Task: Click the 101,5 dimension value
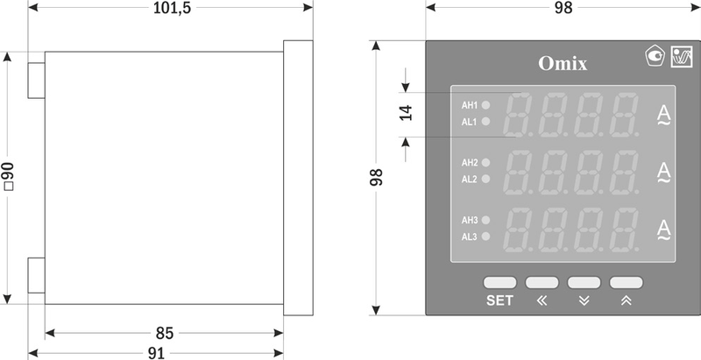pos(172,8)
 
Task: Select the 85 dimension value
pos(165,333)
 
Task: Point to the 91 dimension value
pos(156,353)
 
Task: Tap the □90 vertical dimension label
pos(8,176)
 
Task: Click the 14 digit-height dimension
pos(406,113)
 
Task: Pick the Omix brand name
pos(563,63)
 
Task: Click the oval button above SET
pos(499,282)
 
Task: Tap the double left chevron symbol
pos(542,301)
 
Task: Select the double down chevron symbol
pos(584,301)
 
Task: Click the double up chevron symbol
pos(627,301)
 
